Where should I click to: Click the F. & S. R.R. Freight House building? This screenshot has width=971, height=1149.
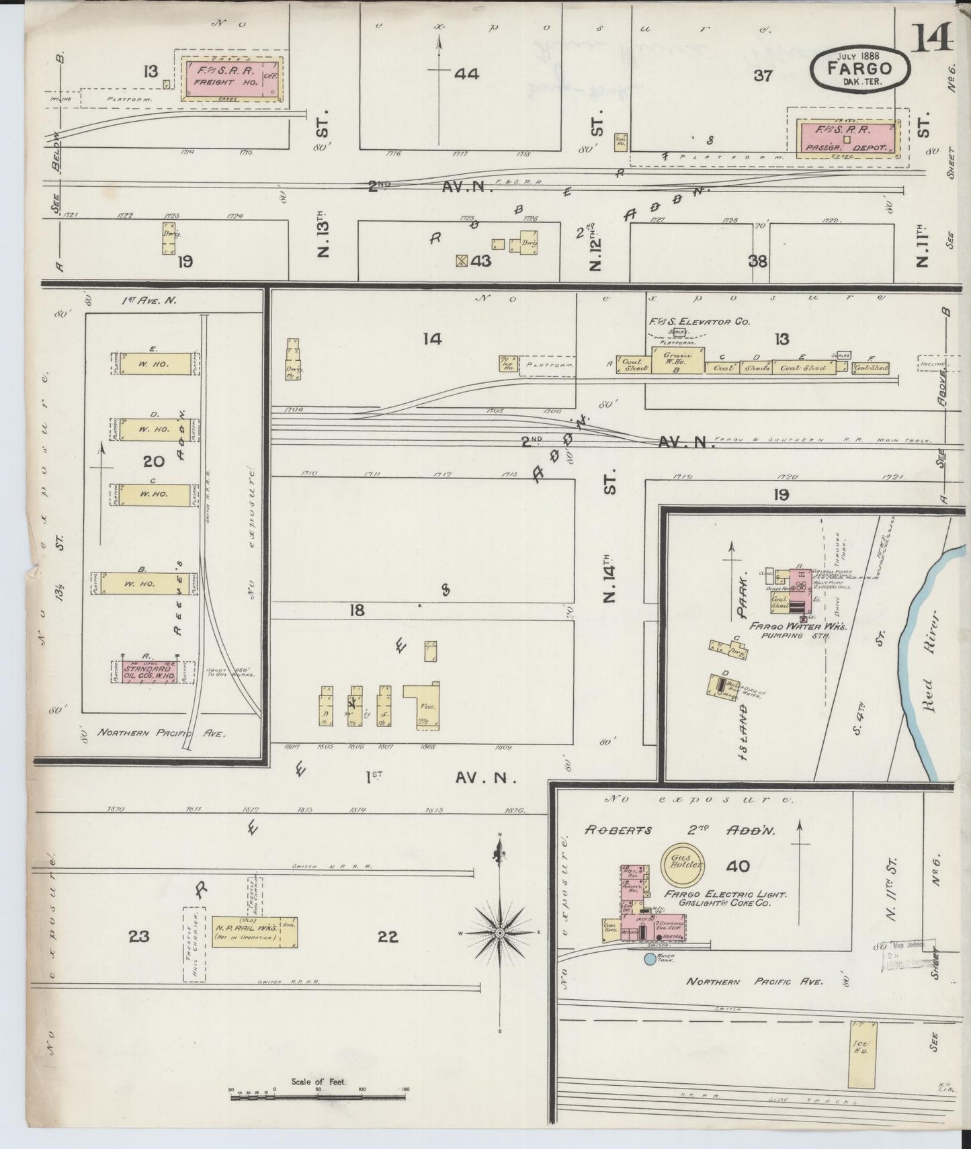[232, 79]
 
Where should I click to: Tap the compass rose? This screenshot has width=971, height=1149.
[501, 934]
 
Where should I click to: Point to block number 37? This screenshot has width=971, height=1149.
[763, 76]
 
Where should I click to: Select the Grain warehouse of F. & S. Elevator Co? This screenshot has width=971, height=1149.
[674, 361]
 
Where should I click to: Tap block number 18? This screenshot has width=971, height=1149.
[357, 610]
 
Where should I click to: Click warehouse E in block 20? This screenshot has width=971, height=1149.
[155, 364]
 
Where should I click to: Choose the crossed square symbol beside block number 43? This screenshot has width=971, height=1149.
[461, 261]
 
